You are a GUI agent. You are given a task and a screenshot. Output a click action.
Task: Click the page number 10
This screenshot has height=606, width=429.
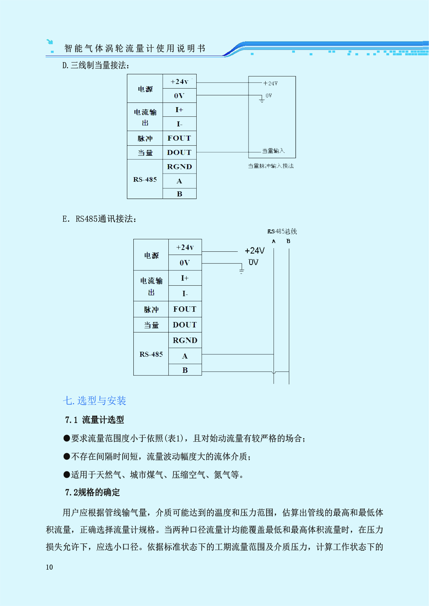[x=49, y=567]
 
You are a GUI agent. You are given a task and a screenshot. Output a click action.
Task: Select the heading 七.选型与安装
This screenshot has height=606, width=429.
[x=94, y=401]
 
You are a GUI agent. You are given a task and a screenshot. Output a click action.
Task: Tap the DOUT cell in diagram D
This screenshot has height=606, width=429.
[x=179, y=152]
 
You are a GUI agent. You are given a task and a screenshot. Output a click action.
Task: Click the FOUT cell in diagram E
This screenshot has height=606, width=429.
[x=185, y=309]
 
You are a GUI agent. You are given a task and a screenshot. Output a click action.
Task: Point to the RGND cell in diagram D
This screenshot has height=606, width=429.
[x=179, y=167]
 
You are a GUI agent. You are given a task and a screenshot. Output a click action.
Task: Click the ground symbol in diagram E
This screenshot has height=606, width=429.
[x=242, y=270]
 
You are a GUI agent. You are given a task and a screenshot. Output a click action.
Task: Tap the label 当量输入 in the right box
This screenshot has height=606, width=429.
[x=273, y=151]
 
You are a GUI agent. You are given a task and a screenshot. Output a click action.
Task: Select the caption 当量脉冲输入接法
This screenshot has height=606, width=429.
[x=271, y=166]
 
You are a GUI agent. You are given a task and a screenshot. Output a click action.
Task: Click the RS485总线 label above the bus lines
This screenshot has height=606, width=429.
[x=282, y=231]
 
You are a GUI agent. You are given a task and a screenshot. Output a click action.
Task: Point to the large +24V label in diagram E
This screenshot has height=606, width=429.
[x=255, y=251]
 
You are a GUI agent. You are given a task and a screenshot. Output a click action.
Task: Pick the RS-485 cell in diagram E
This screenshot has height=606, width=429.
[x=151, y=354]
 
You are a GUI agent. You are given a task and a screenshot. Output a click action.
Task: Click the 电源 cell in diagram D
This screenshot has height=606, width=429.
[x=145, y=89]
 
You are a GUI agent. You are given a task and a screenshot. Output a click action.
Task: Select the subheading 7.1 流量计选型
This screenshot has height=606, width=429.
[x=94, y=420]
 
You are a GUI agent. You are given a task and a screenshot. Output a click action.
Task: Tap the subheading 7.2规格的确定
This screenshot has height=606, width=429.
[x=93, y=492]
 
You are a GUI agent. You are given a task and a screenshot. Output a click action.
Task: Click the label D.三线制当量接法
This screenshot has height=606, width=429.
[x=95, y=65]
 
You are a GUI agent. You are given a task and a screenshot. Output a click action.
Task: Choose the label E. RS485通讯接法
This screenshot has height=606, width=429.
[x=99, y=219]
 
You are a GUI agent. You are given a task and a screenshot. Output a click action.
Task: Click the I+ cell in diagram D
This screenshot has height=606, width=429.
[x=179, y=110]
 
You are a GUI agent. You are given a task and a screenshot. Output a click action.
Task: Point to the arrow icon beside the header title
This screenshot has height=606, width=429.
[x=50, y=42]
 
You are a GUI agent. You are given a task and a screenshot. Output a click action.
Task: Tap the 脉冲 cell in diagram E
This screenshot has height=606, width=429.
[x=151, y=310]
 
